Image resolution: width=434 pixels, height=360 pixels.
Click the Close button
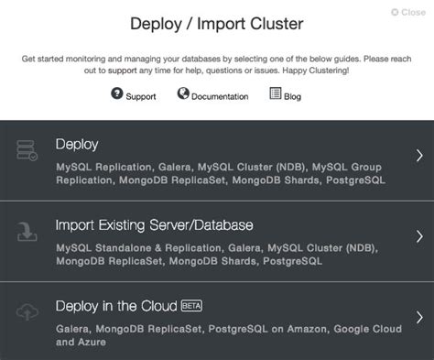point(407,13)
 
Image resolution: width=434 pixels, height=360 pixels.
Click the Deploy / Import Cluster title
point(216,23)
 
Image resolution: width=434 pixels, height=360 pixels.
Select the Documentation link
point(220,96)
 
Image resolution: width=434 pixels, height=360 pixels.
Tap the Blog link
point(292,96)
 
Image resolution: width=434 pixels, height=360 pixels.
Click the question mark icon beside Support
point(117,93)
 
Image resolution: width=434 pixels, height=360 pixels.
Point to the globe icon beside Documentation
point(183,93)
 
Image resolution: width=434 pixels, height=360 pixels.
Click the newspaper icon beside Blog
point(275,93)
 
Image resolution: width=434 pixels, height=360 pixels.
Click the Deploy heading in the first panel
point(77,145)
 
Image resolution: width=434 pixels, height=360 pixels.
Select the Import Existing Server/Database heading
point(154,224)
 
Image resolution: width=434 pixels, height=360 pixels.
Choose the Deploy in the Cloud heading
point(116,306)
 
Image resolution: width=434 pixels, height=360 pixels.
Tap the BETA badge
point(191,305)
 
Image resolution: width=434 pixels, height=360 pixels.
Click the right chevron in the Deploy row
point(418,155)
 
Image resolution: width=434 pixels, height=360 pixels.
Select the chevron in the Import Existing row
point(418,236)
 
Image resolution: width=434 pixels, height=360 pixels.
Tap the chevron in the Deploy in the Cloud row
point(418,317)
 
